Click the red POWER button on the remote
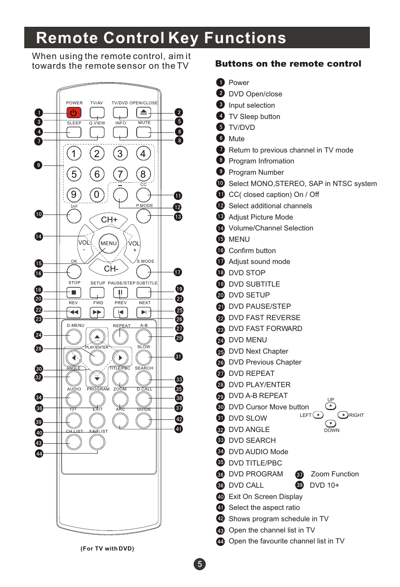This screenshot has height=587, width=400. pos(73,112)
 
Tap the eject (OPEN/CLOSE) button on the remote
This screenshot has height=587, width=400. pos(143,112)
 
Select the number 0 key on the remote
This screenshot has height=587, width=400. pos(97,194)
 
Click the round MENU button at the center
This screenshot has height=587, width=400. pos(109,243)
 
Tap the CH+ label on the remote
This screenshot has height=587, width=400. pos(109,220)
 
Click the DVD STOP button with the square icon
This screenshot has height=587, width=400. pos(74,292)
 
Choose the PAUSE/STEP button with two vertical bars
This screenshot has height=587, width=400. pos(120,292)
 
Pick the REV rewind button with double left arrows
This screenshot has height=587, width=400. pos(74,312)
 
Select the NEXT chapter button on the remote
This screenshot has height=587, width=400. pos(143,312)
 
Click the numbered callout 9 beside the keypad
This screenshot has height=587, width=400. pos(39,165)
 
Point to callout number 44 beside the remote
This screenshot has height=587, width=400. pos(39,453)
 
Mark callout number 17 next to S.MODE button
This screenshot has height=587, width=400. pos(178,272)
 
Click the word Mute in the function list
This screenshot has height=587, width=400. pos(236,139)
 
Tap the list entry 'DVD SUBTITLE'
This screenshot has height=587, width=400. pos(254,284)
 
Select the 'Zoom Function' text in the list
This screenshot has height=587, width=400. pos(335,474)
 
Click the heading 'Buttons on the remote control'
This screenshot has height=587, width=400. pos(288,64)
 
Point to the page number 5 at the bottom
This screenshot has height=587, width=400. pos(200,564)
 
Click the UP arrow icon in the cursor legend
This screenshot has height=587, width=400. pos(331,406)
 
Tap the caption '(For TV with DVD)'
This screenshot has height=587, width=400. pos(107,548)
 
